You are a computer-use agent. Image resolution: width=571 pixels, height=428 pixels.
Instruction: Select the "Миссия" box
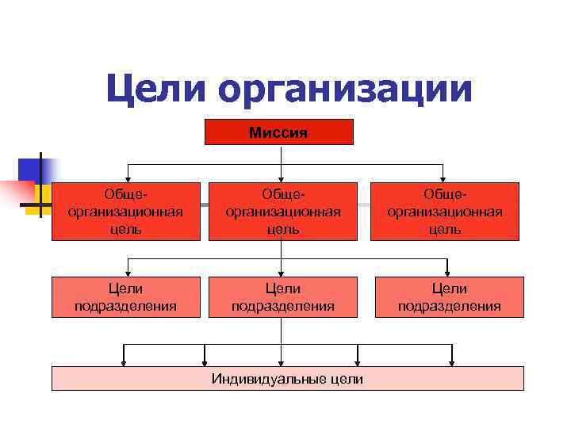click(x=279, y=132)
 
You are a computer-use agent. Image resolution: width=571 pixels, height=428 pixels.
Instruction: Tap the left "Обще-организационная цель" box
click(x=126, y=212)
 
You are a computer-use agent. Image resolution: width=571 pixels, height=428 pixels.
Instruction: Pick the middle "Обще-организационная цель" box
click(x=283, y=212)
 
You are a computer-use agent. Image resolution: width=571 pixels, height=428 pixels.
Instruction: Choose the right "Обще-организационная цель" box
click(x=444, y=212)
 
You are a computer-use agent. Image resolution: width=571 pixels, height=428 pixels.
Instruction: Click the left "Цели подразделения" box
click(x=125, y=297)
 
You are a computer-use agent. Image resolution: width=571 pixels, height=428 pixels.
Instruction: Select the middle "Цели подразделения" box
click(x=283, y=297)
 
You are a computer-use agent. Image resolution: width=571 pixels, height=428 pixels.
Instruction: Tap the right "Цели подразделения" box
click(x=449, y=297)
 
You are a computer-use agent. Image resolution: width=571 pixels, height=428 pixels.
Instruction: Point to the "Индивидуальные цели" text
click(x=287, y=379)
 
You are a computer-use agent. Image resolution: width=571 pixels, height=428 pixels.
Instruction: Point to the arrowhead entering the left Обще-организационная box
click(x=129, y=178)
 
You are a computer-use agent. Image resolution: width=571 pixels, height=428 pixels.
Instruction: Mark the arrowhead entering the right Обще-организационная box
click(x=444, y=178)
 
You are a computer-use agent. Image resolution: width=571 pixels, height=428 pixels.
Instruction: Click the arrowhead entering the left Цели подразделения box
click(x=129, y=272)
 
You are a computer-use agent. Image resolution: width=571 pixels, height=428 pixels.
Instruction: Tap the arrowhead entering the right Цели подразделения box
click(x=448, y=272)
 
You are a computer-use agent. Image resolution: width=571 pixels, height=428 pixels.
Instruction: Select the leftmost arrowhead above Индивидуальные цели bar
click(x=124, y=362)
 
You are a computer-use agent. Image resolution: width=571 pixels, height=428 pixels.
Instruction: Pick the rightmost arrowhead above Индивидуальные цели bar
click(x=451, y=362)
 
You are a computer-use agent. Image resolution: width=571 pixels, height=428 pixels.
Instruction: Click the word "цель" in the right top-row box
click(x=444, y=229)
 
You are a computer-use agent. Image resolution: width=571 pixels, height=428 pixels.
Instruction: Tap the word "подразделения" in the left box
click(x=125, y=306)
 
